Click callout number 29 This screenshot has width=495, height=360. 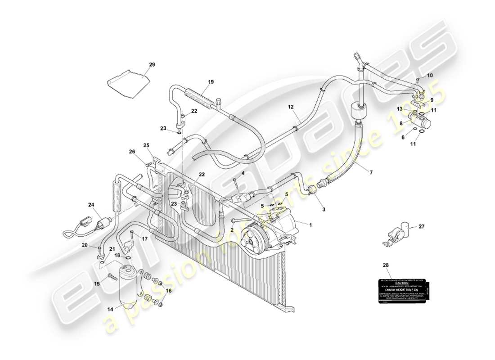[x=152, y=65]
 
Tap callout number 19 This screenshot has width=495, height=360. [x=211, y=82]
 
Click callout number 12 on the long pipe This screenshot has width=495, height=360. [x=291, y=107]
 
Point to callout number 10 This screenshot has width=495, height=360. [x=430, y=76]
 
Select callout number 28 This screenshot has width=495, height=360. [x=385, y=265]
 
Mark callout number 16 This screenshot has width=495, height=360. [x=169, y=291]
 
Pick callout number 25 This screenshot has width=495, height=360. [x=146, y=145]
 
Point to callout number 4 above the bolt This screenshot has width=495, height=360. [x=243, y=173]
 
